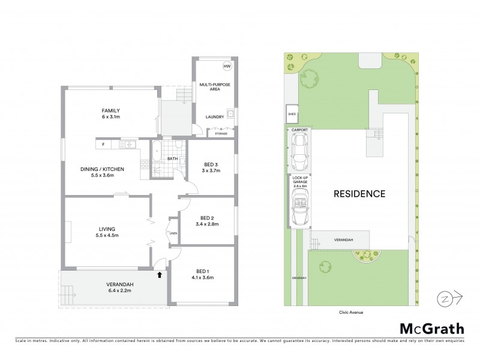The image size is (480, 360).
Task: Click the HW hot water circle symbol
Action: (x=227, y=66)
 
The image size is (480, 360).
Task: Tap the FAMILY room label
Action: (x=110, y=110)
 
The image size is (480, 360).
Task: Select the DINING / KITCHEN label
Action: (x=102, y=169)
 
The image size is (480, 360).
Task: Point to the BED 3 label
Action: (x=211, y=165)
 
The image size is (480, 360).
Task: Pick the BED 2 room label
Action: (x=207, y=218)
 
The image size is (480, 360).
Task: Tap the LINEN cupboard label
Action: (x=173, y=233)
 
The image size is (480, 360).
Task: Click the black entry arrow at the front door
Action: (x=159, y=275)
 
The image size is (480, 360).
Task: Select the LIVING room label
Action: (x=107, y=228)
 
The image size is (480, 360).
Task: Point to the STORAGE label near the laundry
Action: (x=221, y=134)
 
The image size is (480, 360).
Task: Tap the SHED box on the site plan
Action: (x=292, y=113)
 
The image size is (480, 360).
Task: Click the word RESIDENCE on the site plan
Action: (x=359, y=194)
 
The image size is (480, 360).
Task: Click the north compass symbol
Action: (x=445, y=298)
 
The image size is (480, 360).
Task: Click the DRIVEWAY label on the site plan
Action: (x=299, y=278)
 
